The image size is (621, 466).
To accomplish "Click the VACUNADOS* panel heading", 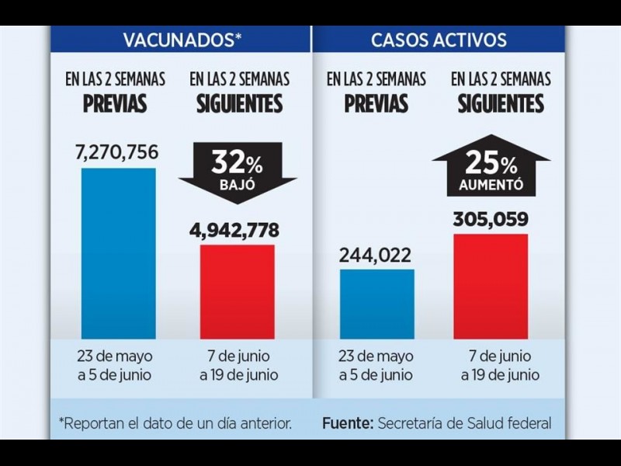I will [180, 40].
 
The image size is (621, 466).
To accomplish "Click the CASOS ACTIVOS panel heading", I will [439, 40].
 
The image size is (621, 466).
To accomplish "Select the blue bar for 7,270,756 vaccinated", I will [118, 252].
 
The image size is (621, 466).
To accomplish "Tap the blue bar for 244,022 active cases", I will [376, 304].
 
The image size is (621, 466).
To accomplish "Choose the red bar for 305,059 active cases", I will [490, 286].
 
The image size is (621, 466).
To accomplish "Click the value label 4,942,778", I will [235, 230].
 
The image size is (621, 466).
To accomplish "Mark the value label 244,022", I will [376, 255].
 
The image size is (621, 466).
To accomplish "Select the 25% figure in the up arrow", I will [490, 164].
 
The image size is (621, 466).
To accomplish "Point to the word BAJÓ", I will [237, 186].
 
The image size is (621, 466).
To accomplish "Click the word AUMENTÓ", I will [491, 186].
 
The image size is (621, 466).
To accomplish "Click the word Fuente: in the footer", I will [347, 423].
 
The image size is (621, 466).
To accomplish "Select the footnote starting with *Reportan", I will [175, 423].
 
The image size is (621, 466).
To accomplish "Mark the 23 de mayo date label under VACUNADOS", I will [115, 357].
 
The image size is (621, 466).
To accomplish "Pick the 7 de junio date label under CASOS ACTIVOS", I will [501, 357].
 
